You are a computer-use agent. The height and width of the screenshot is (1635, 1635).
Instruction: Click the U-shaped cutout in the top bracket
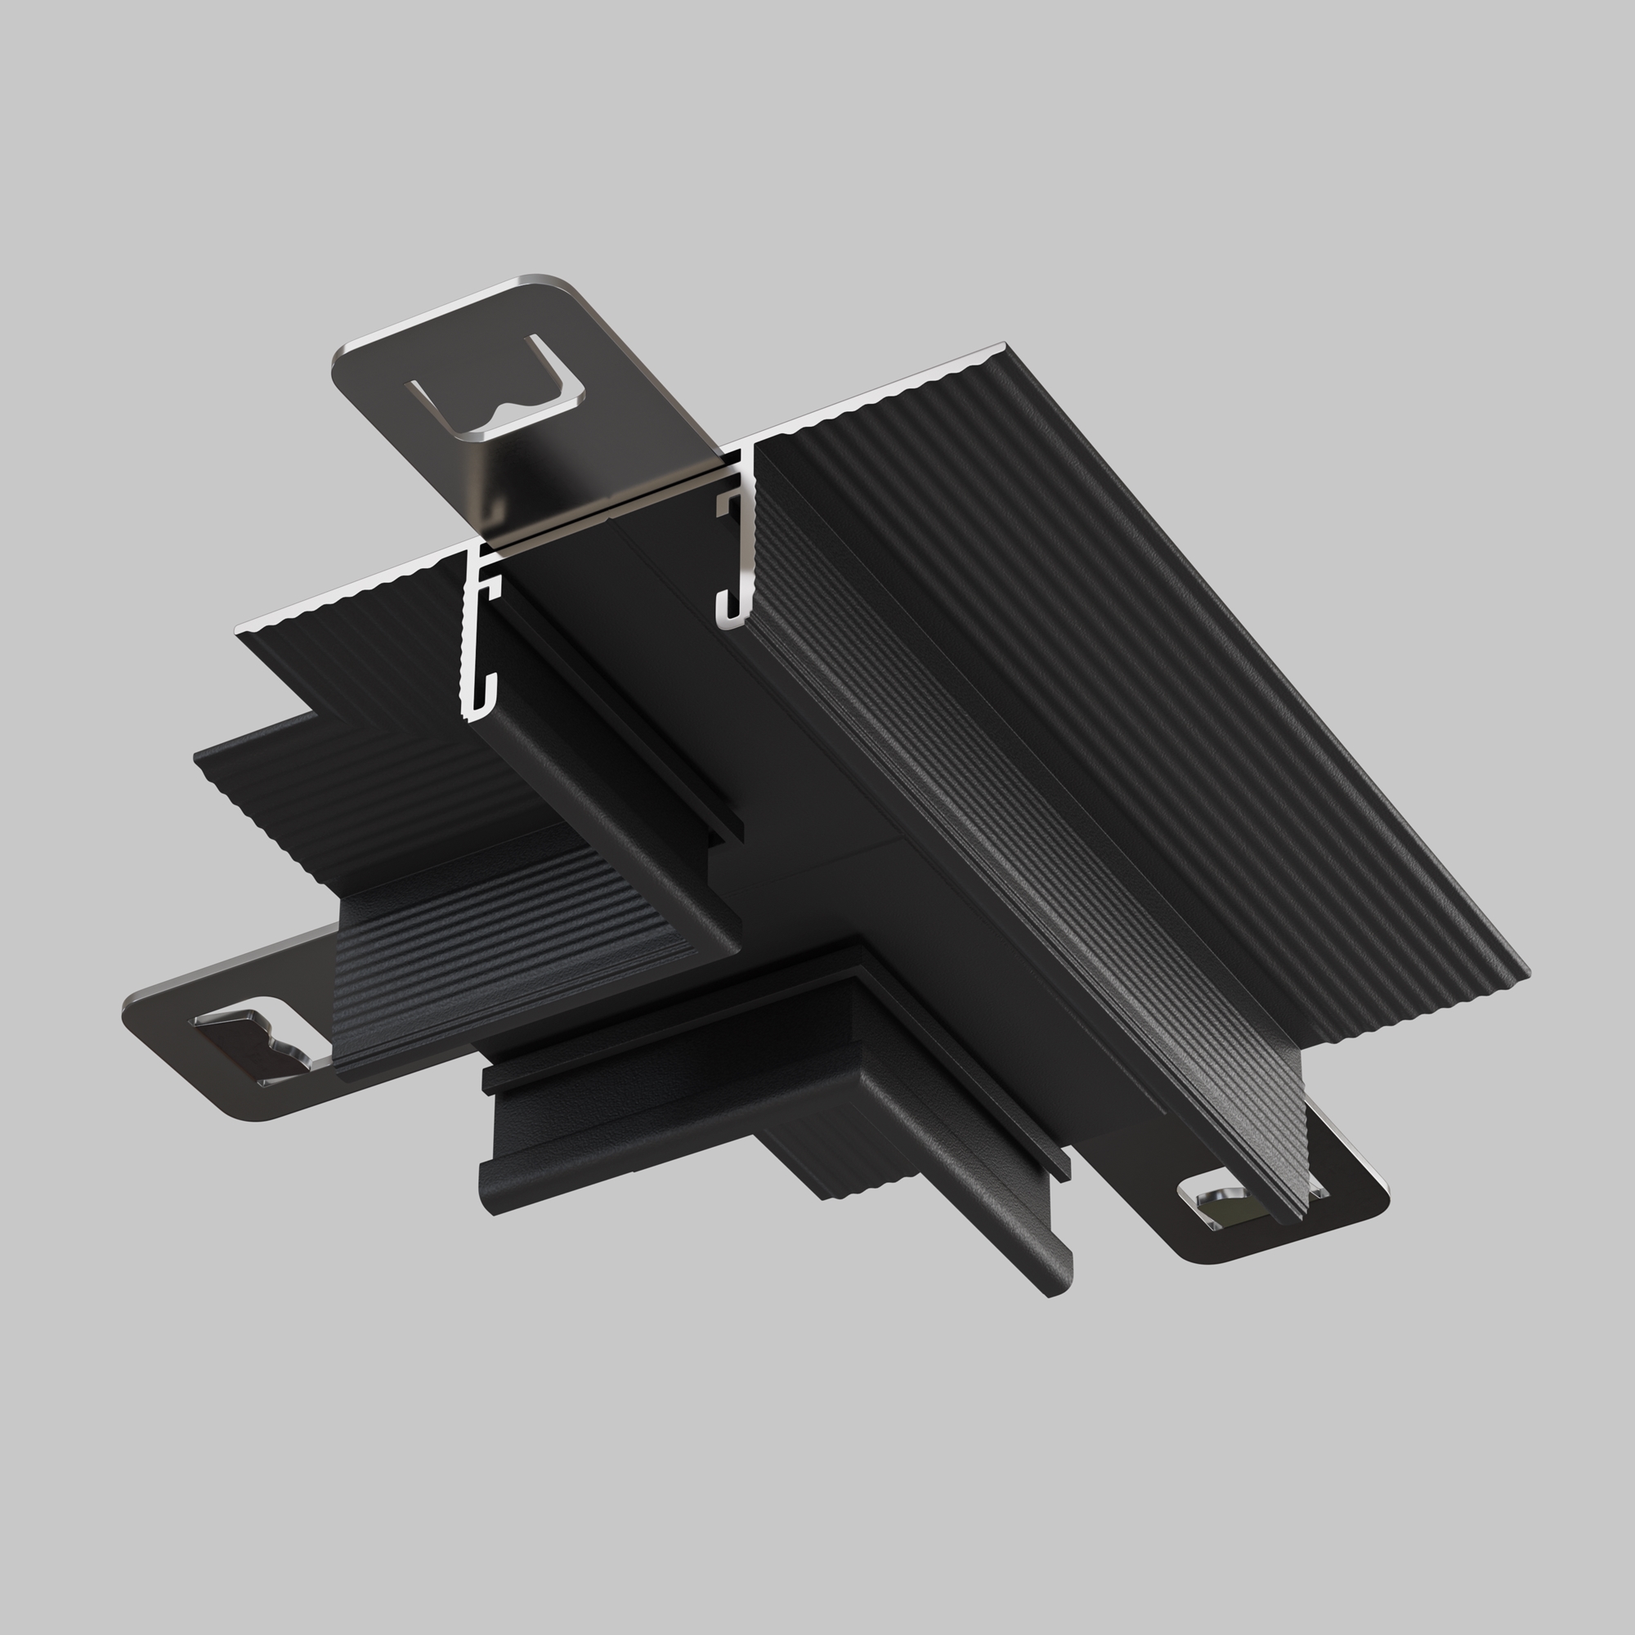(498, 398)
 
